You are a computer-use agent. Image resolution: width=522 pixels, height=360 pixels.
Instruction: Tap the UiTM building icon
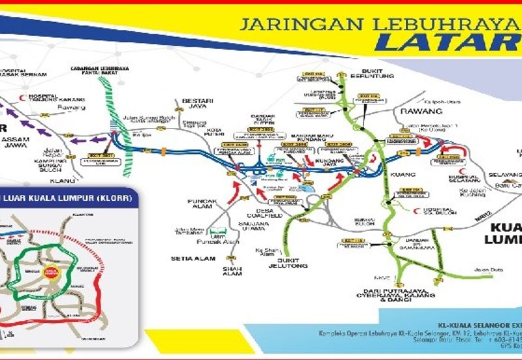[220, 232]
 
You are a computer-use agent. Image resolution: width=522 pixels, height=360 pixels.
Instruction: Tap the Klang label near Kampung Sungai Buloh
[64, 180]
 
